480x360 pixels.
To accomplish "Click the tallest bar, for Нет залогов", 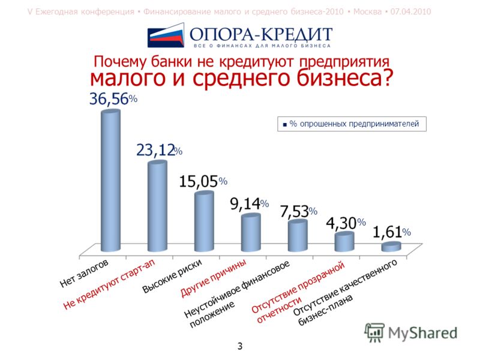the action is (x=110, y=181).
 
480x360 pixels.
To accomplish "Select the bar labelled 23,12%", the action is (x=157, y=206).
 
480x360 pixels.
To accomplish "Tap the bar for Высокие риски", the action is (x=204, y=221).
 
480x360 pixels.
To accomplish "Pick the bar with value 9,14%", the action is (x=251, y=233).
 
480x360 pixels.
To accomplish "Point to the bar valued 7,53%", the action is (x=298, y=236).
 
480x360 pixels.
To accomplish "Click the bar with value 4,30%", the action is (x=344, y=242).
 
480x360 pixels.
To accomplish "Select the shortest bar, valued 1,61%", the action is (x=391, y=247).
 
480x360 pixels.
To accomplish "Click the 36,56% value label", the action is (x=113, y=99).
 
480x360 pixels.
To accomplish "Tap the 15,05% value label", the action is (x=203, y=181).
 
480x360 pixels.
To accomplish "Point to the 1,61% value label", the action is (x=392, y=232).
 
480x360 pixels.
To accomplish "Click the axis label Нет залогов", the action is (x=84, y=274).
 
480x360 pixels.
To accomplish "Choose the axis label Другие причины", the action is (x=214, y=278).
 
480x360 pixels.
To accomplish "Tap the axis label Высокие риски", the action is (x=172, y=277).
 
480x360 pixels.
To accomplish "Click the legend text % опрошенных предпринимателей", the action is (x=354, y=124).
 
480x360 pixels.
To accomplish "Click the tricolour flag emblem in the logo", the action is (x=166, y=35).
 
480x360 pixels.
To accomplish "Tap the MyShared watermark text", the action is (x=423, y=333).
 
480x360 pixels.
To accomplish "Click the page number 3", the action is (x=240, y=346).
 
